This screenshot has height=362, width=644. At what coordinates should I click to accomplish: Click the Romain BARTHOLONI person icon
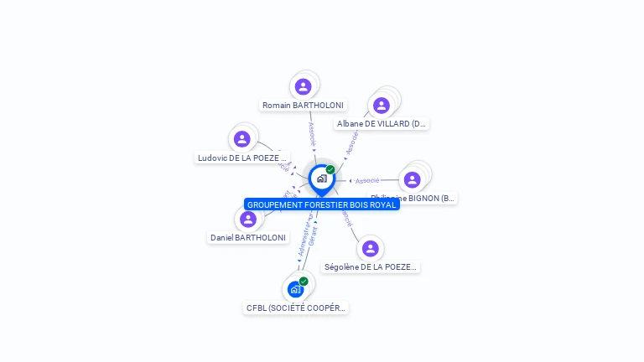click(x=304, y=86)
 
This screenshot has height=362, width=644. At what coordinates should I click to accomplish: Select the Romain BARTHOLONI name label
click(x=303, y=106)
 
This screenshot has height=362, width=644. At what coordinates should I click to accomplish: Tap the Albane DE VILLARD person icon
click(x=382, y=105)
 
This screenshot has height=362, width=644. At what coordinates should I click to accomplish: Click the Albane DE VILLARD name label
click(x=382, y=124)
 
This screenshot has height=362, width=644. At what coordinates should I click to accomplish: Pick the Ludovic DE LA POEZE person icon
click(x=242, y=139)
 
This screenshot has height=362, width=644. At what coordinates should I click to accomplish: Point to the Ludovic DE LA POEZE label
click(x=242, y=158)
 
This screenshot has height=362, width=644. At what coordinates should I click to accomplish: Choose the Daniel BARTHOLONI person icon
click(x=247, y=220)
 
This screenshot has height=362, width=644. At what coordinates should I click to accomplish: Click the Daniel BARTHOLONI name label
click(x=248, y=238)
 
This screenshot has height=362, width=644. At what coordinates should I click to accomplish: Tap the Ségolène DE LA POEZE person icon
click(x=370, y=249)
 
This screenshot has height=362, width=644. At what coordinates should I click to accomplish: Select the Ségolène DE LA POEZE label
click(x=370, y=267)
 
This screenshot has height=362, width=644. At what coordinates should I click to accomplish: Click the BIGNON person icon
click(x=412, y=179)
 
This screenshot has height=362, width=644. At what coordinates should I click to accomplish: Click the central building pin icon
click(x=321, y=178)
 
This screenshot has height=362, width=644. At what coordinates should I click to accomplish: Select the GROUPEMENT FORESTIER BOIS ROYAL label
click(x=321, y=204)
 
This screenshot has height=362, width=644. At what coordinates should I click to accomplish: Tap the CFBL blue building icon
click(x=295, y=290)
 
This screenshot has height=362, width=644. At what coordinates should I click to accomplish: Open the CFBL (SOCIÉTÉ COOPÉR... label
click(x=295, y=308)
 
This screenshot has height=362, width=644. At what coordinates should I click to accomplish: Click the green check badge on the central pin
click(x=330, y=169)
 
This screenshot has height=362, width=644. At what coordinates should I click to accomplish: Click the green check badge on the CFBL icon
click(x=304, y=282)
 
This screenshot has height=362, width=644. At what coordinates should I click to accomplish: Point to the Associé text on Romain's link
click(x=312, y=133)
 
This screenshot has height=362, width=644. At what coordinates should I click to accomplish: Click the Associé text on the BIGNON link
click(x=366, y=181)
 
